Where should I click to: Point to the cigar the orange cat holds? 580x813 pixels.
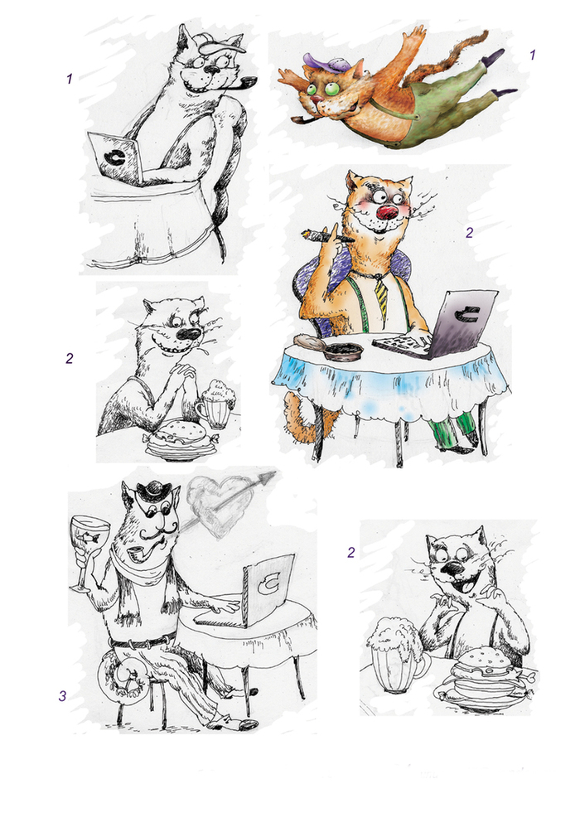coord(327,237)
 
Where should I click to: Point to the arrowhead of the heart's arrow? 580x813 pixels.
coord(269,476)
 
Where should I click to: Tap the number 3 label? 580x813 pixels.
coord(62,695)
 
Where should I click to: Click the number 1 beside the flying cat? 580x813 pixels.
coord(532,55)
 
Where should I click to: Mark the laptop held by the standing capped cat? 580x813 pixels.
coord(115,157)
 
